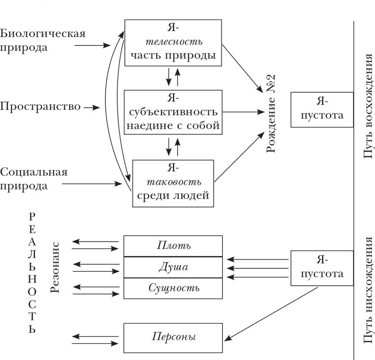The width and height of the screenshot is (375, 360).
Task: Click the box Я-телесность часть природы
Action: pos(173,42)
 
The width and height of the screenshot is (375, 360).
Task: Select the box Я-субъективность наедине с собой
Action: pos(173,112)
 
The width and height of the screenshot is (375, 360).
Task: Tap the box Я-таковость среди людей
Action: pos(173,183)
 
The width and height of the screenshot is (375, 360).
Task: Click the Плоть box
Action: pos(173,246)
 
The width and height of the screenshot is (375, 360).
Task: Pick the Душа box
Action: pos(173,267)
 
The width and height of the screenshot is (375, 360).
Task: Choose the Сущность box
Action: pos(173,288)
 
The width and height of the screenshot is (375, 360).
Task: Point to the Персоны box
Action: pos(173,336)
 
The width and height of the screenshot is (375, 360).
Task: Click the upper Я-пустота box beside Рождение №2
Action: pos(317,109)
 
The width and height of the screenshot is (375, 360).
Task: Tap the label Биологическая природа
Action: pos(42,40)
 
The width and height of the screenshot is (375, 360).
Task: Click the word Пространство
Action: pos(40,107)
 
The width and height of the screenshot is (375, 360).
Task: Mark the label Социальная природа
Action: pos(33,179)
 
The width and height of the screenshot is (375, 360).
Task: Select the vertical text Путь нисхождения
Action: pos(368,290)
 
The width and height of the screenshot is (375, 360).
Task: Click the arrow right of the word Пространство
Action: pos(92,108)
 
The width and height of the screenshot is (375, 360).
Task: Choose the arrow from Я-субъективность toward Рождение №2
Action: pos(244,112)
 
